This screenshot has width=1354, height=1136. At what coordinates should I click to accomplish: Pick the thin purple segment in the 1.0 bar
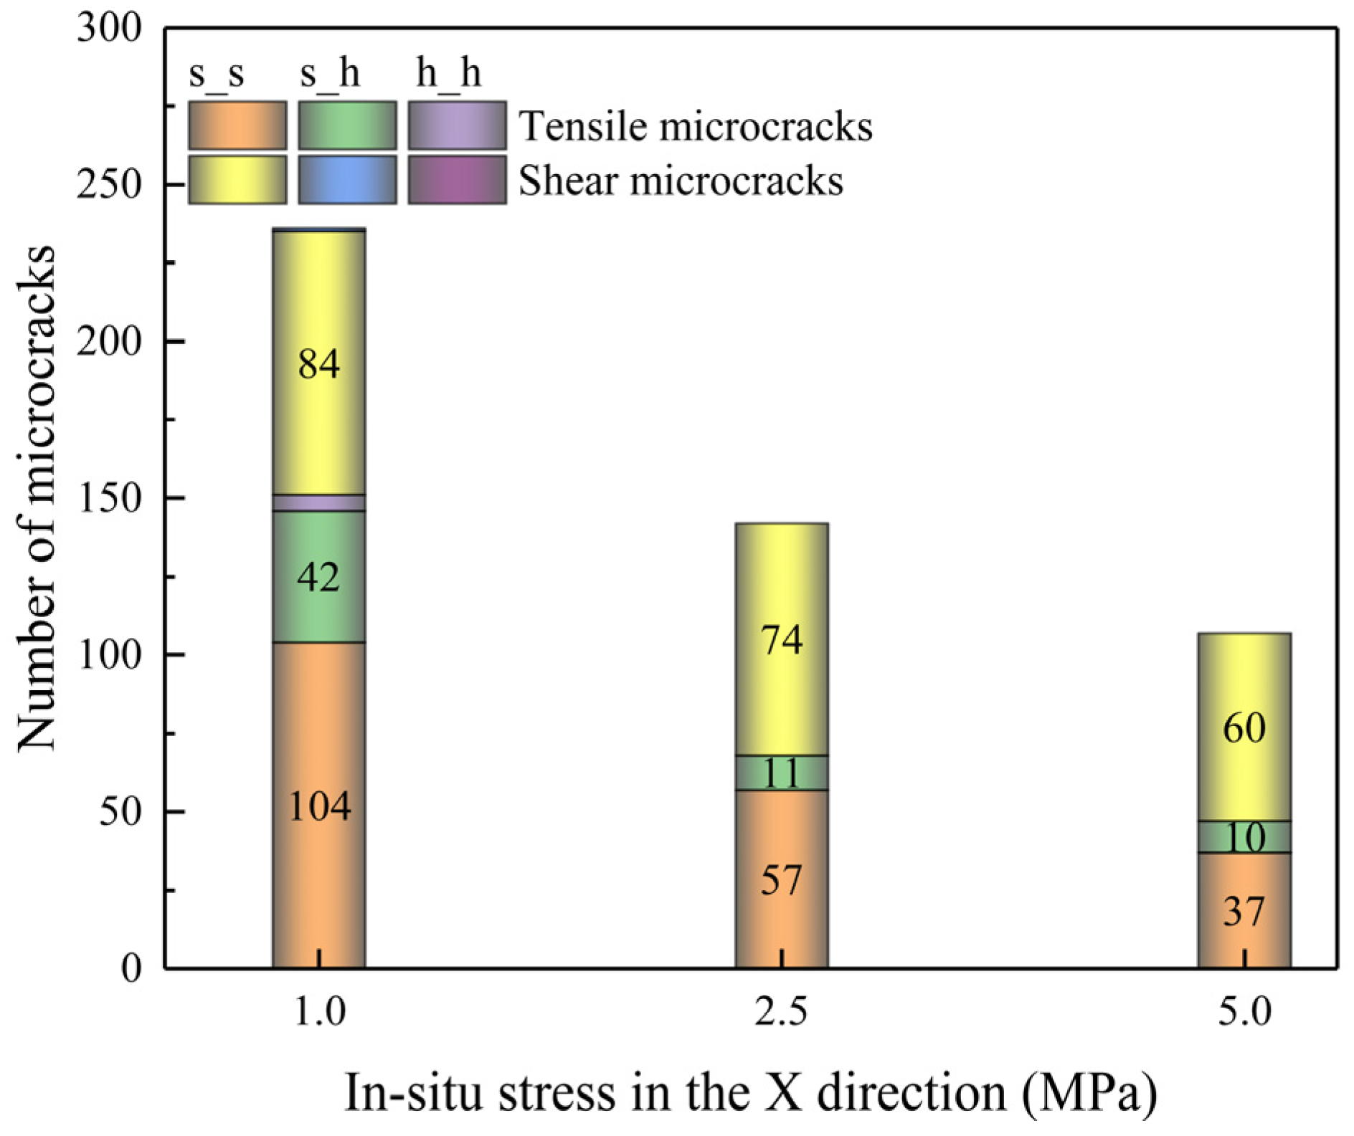point(318,502)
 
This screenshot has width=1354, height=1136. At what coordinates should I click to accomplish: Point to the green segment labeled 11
point(782,773)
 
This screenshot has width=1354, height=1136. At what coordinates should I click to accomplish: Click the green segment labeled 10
point(1244,836)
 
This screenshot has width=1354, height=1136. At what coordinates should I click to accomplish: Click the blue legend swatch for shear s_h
point(347,180)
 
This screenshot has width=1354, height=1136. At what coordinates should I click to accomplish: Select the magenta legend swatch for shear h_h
point(457,180)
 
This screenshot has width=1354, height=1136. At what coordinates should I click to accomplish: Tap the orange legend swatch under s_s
point(237,125)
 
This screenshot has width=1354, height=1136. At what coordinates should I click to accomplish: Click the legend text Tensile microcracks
point(695,127)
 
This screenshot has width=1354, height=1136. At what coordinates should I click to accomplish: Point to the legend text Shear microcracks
point(681,181)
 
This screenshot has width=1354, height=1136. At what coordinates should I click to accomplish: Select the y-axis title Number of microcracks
point(36,499)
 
